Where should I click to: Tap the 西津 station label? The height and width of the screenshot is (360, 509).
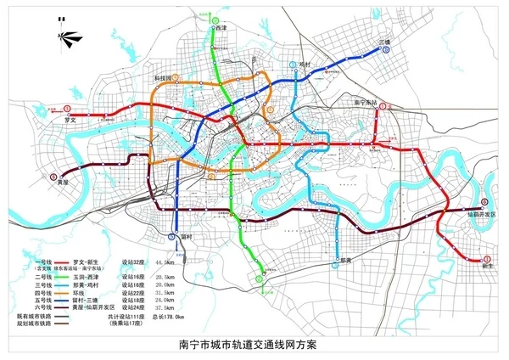tap(221, 28)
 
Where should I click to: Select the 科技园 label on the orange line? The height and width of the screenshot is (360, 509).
tap(162, 77)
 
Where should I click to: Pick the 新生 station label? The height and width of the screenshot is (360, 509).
tap(487, 266)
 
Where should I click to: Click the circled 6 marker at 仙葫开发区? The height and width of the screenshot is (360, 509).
tap(484, 202)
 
